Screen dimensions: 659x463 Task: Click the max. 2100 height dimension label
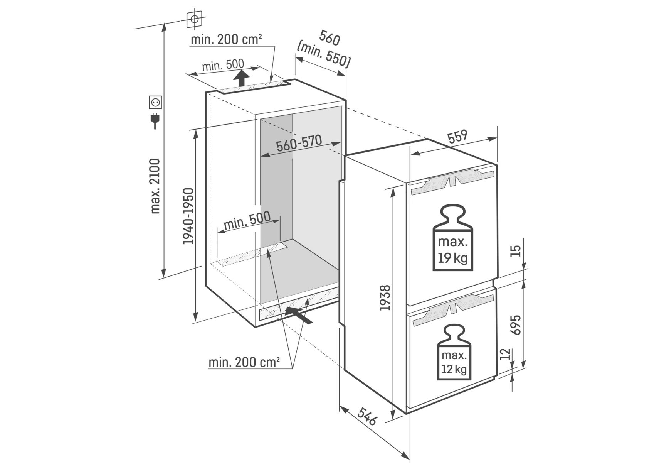155,186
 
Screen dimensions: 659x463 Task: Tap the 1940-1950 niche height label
188,216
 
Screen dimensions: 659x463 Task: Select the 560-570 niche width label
299,144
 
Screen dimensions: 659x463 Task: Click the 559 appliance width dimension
457,137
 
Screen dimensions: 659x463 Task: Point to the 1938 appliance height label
385,297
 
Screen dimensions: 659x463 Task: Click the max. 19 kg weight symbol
453,237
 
